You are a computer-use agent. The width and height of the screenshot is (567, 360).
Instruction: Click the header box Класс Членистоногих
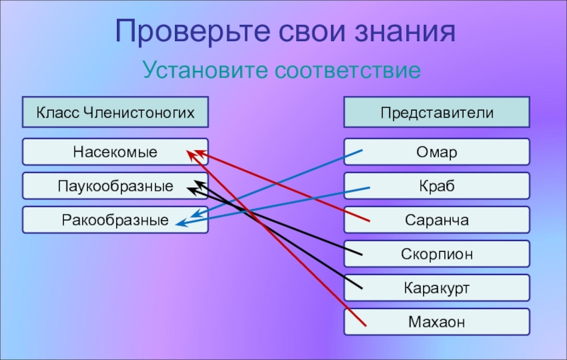pyautogui.click(x=116, y=112)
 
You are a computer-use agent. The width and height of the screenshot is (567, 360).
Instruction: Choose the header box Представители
pyautogui.click(x=437, y=112)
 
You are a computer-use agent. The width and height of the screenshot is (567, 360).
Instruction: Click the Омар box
pyautogui.click(x=437, y=152)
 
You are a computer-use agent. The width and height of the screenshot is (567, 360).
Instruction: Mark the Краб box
pyautogui.click(x=437, y=186)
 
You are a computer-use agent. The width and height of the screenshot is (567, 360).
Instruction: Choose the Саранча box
pyautogui.click(x=437, y=220)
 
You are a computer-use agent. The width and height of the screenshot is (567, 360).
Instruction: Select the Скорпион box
pyautogui.click(x=437, y=254)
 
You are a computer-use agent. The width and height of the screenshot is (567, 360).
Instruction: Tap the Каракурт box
pyautogui.click(x=437, y=288)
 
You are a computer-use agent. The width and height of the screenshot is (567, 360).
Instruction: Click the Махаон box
pyautogui.click(x=437, y=322)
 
